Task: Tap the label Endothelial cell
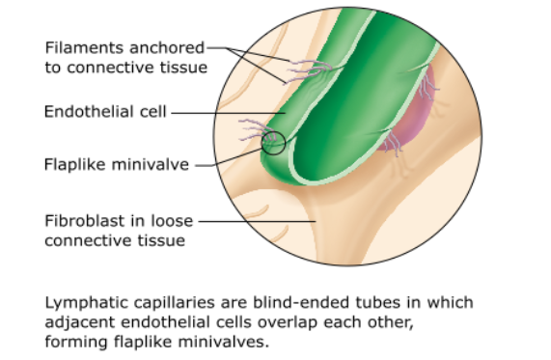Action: click(x=105, y=112)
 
